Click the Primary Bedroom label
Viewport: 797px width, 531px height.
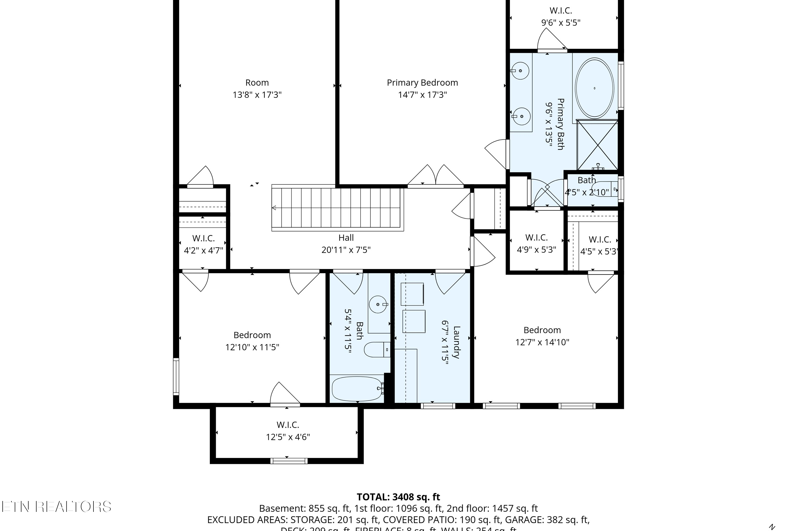(x=422, y=83)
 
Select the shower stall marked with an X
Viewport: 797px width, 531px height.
(x=597, y=145)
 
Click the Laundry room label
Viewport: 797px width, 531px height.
(x=456, y=342)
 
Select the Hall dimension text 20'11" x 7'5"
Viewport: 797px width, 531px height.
(x=346, y=250)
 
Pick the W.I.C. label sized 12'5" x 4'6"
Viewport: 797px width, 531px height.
(x=288, y=425)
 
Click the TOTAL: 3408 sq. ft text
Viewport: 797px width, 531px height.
(x=398, y=497)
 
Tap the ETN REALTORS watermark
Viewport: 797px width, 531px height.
(x=56, y=507)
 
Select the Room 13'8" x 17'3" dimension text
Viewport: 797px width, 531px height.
(x=257, y=95)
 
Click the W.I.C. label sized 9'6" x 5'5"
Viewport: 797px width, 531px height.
(x=561, y=11)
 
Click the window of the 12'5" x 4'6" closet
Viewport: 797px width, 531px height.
(x=289, y=461)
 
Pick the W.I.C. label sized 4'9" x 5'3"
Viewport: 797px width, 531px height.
(x=536, y=237)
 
